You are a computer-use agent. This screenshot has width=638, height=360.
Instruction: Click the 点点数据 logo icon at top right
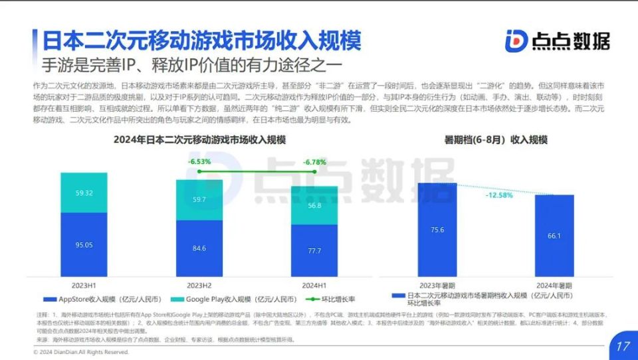tap(516, 41)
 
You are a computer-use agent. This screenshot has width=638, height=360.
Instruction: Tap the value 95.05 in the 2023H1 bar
tap(84, 245)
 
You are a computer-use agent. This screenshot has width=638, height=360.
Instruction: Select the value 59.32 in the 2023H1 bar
tap(84, 193)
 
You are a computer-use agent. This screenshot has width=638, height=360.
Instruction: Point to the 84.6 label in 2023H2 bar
tap(199, 249)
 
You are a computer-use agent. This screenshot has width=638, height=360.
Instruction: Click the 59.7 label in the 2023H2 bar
tap(199, 199)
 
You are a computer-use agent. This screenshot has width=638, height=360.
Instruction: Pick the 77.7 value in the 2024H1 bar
tap(314, 251)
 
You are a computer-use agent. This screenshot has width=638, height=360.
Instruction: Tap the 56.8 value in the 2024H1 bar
tap(314, 206)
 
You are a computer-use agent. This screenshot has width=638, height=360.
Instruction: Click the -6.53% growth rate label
tap(199, 161)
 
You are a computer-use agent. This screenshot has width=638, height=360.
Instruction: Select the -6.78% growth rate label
tap(314, 161)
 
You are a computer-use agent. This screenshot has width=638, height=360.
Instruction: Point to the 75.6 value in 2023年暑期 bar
tap(437, 230)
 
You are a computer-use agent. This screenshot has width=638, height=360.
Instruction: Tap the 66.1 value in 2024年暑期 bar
tap(554, 236)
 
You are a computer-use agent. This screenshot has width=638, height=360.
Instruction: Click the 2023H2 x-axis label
tap(199, 285)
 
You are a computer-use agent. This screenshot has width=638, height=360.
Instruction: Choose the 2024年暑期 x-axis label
tap(554, 285)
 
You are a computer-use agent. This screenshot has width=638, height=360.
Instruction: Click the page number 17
tap(623, 346)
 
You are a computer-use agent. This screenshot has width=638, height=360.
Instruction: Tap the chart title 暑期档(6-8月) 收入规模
tap(496, 139)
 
